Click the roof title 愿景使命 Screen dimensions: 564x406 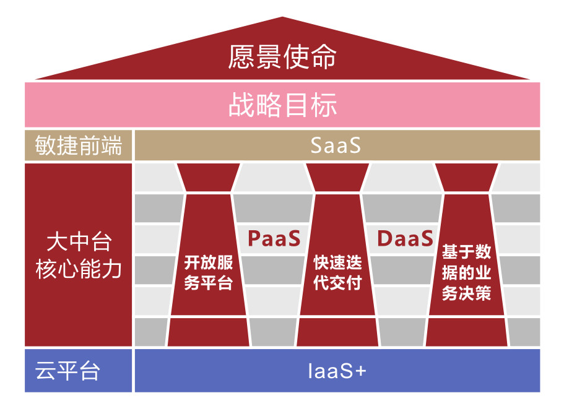click(x=282, y=57)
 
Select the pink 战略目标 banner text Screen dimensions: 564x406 click(x=282, y=105)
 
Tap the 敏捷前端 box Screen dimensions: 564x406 click(x=79, y=145)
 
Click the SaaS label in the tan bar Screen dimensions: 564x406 click(x=335, y=145)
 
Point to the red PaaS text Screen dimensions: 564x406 click(x=274, y=238)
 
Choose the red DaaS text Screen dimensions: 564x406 click(x=405, y=238)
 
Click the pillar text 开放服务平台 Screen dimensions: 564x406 click(x=208, y=272)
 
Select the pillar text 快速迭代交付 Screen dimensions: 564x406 click(x=337, y=272)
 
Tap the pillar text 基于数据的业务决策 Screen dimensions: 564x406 click(x=467, y=272)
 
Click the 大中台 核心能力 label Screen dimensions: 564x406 click(x=79, y=256)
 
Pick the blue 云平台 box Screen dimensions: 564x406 click(x=79, y=370)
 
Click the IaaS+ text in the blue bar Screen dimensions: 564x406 click(x=337, y=371)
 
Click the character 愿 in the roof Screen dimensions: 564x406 click(x=241, y=57)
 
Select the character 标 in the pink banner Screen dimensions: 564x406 click(x=324, y=105)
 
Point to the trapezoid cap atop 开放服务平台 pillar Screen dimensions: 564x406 click(x=208, y=177)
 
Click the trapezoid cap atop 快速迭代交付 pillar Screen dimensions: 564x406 click(x=337, y=177)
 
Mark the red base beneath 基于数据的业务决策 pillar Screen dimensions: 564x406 click(x=467, y=332)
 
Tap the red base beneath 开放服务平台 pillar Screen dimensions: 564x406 click(x=208, y=332)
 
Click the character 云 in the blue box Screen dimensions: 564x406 click(x=45, y=371)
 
